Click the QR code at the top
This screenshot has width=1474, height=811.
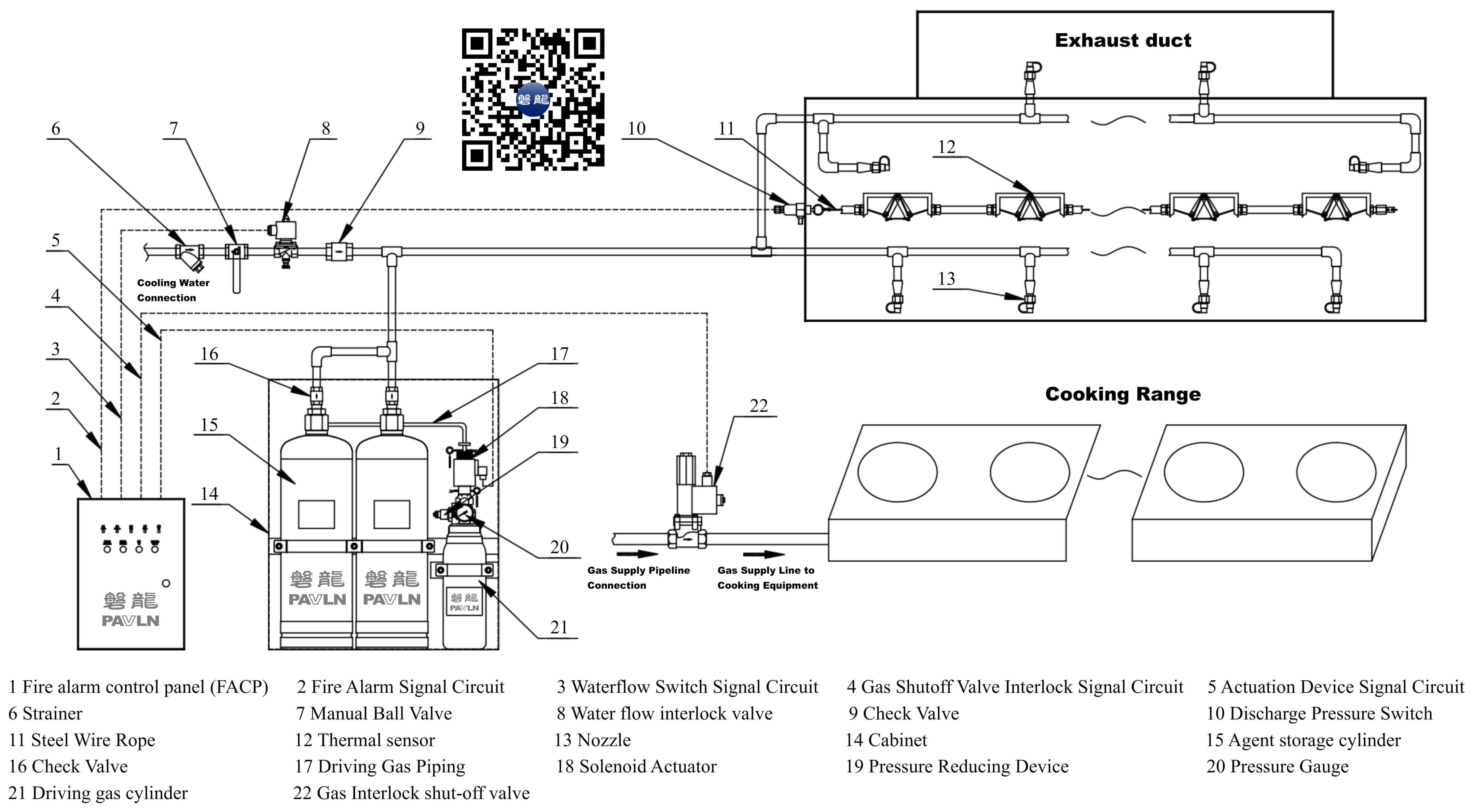pos(533,99)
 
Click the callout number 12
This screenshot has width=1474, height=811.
pos(947,147)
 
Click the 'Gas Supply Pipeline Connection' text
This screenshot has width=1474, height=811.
pos(638,578)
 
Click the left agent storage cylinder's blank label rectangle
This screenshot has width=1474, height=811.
pos(316,514)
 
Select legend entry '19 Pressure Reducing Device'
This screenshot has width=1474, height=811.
pos(957,766)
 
